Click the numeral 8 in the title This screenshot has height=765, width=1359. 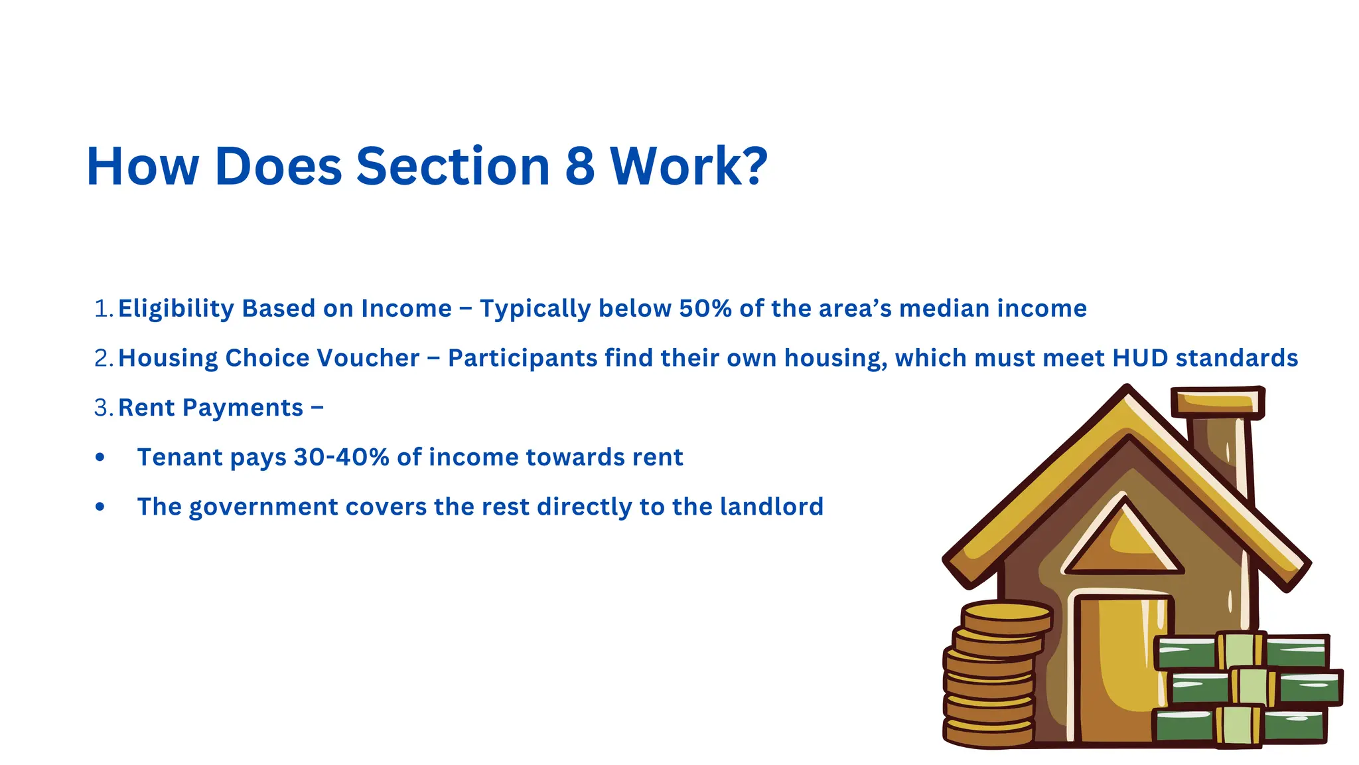tap(579, 166)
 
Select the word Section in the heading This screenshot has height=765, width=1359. tap(453, 166)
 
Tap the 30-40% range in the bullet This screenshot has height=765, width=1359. tap(341, 458)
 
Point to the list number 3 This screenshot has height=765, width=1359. tap(102, 408)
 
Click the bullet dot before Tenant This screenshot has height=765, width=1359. tap(100, 458)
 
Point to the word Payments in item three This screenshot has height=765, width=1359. tap(243, 408)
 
